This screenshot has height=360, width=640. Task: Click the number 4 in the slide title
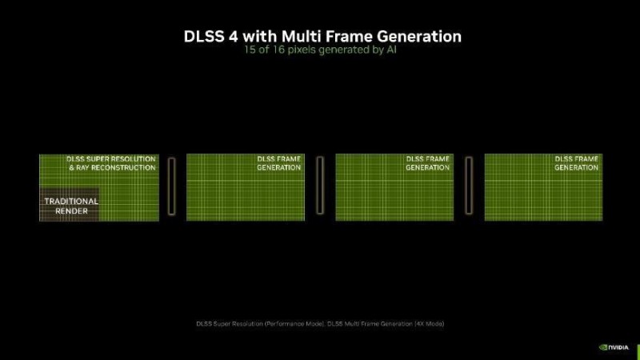(233, 36)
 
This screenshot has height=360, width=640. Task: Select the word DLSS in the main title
(204, 36)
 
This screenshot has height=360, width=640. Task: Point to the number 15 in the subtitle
(250, 50)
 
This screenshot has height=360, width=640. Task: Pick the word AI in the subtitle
(391, 50)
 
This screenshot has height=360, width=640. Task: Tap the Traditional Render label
(71, 206)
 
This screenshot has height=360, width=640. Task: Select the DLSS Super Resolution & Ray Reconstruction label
(111, 163)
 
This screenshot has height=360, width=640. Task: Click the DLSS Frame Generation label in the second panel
(278, 163)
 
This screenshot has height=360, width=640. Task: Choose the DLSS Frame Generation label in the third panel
(427, 163)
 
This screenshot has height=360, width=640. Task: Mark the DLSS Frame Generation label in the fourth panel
(576, 163)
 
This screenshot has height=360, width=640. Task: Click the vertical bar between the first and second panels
(172, 186)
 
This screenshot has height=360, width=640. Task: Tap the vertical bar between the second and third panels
(320, 186)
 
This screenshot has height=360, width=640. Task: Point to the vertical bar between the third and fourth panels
(469, 186)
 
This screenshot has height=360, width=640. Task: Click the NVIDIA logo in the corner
(614, 347)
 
